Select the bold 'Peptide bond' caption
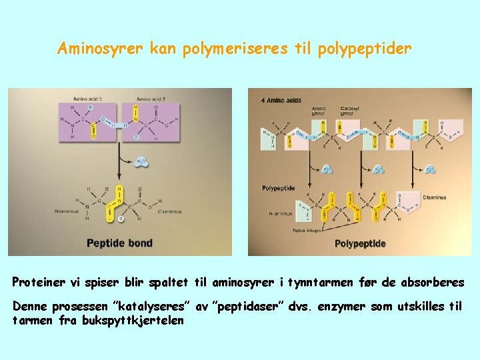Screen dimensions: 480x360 [x=120, y=243]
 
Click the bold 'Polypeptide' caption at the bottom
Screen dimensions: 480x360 [x=360, y=244]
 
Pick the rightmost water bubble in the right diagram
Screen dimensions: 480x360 [x=430, y=169]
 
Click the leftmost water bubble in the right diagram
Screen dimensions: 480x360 [x=327, y=169]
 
